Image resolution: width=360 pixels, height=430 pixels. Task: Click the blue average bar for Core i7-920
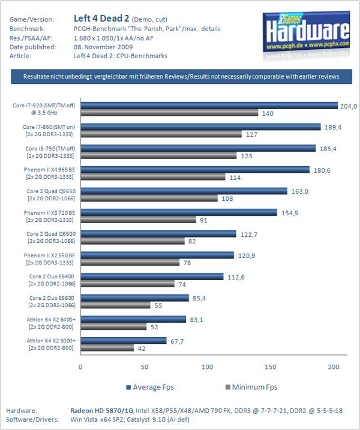tap(209, 106)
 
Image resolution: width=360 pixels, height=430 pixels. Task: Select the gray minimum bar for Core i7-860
tap(161, 134)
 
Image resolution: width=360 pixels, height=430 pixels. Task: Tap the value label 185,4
tap(328, 149)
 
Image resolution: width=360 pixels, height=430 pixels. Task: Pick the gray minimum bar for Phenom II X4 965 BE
tap(153, 177)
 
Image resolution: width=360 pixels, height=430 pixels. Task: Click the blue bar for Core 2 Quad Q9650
tap(184, 191)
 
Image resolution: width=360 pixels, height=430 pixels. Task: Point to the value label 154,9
tap(290, 213)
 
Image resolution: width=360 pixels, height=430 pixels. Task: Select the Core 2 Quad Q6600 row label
tap(51, 237)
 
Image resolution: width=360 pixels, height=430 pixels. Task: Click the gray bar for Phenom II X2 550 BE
tap(130, 263)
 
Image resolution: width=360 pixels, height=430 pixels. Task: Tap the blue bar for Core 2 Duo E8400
tap(152, 276)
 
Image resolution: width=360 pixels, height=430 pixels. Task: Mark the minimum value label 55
tap(158, 305)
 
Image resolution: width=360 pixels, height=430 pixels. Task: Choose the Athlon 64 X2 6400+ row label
tap(51, 323)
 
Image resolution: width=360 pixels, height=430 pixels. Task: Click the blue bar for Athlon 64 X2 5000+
tap(124, 341)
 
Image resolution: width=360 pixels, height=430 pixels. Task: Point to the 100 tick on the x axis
tap(208, 367)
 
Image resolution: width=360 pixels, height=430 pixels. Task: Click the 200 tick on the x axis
tap(334, 367)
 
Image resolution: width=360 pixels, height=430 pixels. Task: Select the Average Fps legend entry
tap(150, 387)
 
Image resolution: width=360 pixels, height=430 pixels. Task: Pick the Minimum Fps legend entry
tap(251, 387)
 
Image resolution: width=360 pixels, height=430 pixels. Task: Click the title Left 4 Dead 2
tap(101, 19)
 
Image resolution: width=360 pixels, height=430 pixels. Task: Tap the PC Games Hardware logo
tap(306, 32)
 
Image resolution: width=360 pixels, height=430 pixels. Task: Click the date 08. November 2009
tap(103, 47)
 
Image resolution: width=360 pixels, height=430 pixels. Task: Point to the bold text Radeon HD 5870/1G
tap(102, 411)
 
